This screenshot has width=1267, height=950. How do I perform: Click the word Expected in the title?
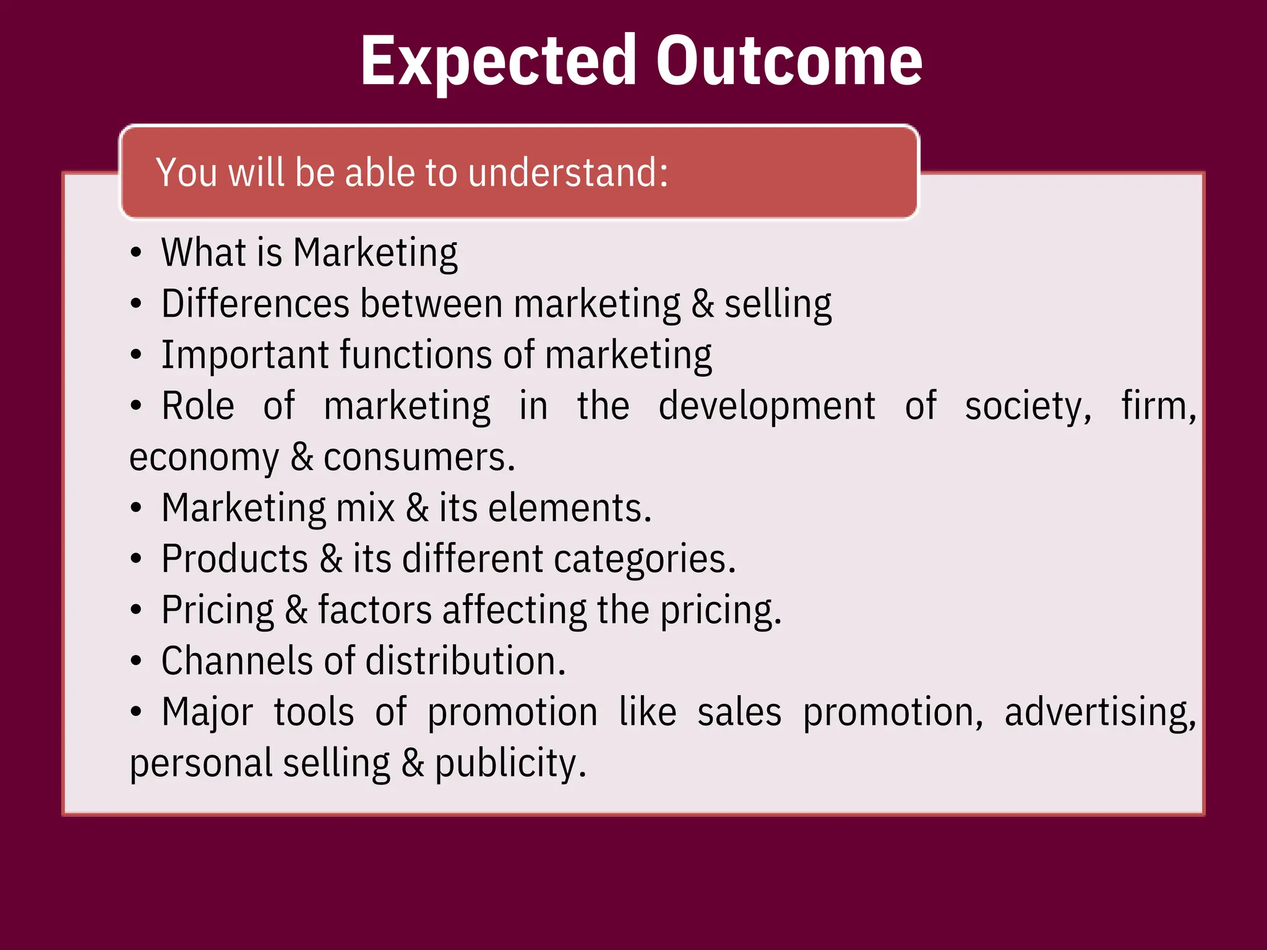tap(498, 62)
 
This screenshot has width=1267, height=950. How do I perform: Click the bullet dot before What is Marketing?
tap(136, 253)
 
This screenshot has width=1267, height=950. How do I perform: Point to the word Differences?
tap(256, 304)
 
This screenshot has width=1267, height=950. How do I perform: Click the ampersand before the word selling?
tap(703, 304)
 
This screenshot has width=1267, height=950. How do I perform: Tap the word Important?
tap(245, 355)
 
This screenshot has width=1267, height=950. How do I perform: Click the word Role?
tap(198, 406)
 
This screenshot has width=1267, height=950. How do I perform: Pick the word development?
tap(767, 406)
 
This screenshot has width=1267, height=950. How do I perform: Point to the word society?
tap(1029, 408)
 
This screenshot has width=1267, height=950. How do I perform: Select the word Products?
tap(234, 559)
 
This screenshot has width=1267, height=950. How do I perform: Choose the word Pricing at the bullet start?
tap(217, 611)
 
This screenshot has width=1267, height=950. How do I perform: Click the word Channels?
tap(238, 661)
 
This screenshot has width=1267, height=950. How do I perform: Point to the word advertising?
tap(1101, 713)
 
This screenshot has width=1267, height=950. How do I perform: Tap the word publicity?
tap(510, 764)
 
